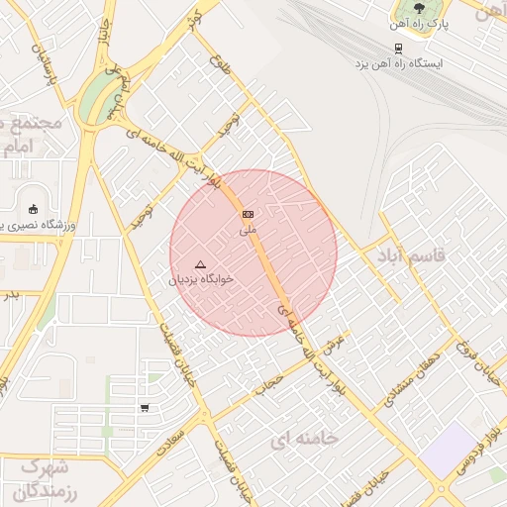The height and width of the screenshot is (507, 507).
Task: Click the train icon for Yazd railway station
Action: click(x=397, y=47)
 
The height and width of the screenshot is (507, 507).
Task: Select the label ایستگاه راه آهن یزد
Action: click(x=401, y=62)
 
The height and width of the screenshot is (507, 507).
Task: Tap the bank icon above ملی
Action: click(x=248, y=214)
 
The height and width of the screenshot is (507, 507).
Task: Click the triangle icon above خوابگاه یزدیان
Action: click(x=200, y=264)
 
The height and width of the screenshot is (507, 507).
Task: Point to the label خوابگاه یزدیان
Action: click(x=203, y=279)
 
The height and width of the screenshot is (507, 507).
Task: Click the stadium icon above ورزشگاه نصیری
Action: click(x=34, y=209)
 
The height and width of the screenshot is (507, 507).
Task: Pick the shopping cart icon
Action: click(x=146, y=407)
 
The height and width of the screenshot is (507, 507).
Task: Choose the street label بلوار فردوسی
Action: click(x=474, y=456)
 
